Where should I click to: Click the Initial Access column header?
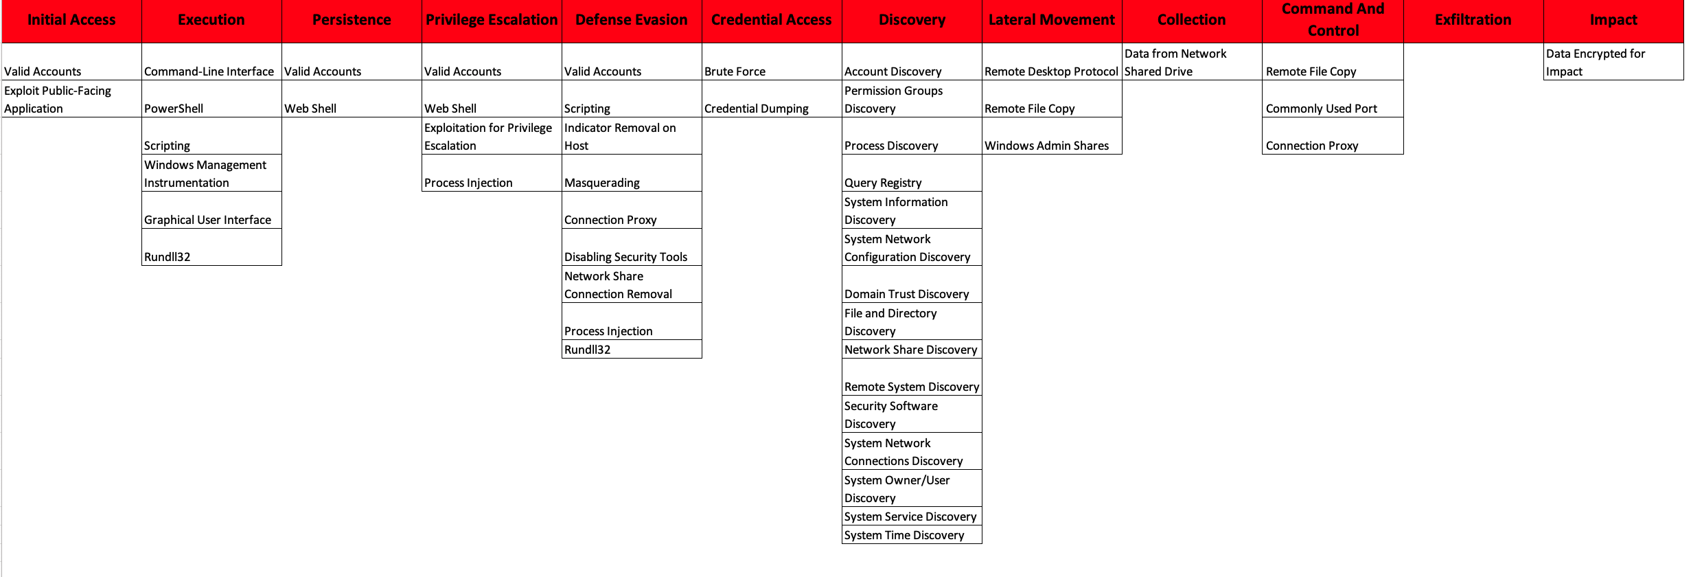point(71,20)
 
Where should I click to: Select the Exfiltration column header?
point(1473,20)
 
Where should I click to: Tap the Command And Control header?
point(1333,20)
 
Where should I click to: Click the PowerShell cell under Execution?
point(174,109)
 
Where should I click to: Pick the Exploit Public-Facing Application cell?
point(58,100)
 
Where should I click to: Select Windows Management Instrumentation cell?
point(205,174)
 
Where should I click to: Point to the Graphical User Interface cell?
point(207,220)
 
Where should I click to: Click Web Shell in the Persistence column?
point(310,109)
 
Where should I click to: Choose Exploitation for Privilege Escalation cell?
point(488,137)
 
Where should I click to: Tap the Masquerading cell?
point(602,183)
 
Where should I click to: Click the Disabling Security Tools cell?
point(625,257)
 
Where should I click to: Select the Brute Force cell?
point(735,71)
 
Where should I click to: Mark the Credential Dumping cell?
point(756,109)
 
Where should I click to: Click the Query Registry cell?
point(883,183)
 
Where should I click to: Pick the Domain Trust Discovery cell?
point(906,294)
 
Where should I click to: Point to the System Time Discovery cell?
point(904,535)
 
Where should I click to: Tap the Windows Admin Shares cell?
point(1046,146)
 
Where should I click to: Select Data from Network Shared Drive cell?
point(1175,63)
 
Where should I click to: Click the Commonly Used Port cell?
point(1321,109)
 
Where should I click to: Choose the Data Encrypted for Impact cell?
point(1596,63)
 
